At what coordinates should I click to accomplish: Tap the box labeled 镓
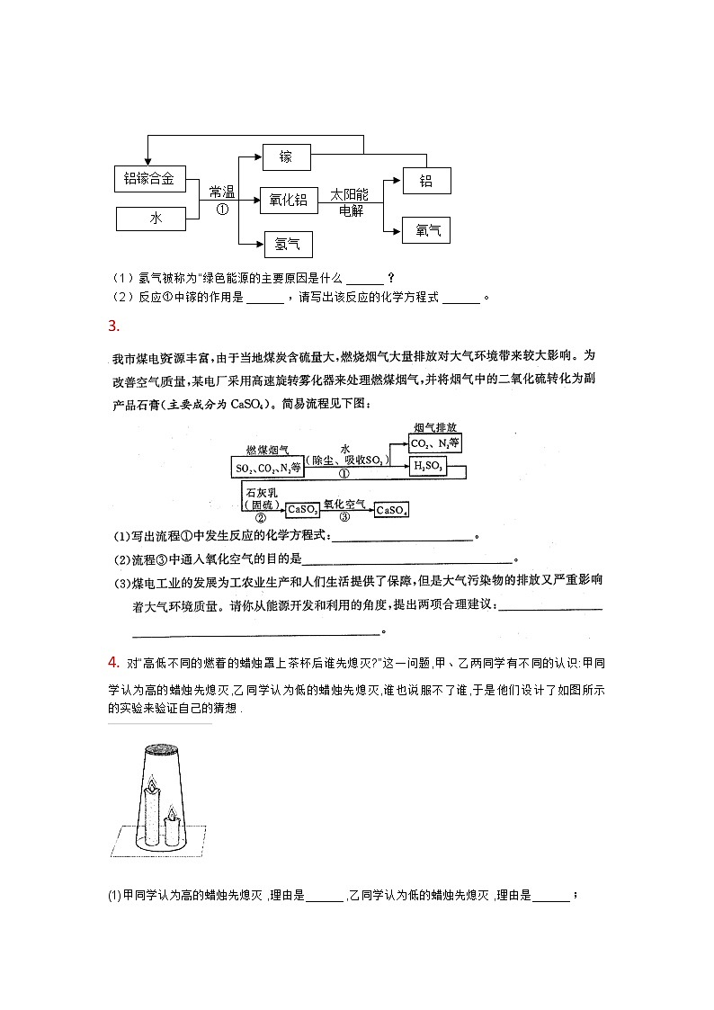(x=286, y=156)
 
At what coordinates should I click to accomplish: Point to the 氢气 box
(x=286, y=243)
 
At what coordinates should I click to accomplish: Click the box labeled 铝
(x=426, y=181)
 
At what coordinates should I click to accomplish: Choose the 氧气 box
(x=427, y=230)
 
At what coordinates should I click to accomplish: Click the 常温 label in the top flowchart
(x=221, y=192)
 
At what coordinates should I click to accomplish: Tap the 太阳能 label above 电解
(x=350, y=195)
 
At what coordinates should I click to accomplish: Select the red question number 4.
(x=113, y=663)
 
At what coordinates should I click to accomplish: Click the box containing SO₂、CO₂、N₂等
(x=268, y=468)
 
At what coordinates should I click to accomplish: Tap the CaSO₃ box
(x=303, y=510)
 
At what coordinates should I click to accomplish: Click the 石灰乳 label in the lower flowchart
(x=260, y=492)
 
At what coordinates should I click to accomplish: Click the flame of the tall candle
(x=152, y=783)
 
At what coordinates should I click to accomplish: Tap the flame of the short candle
(x=171, y=814)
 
